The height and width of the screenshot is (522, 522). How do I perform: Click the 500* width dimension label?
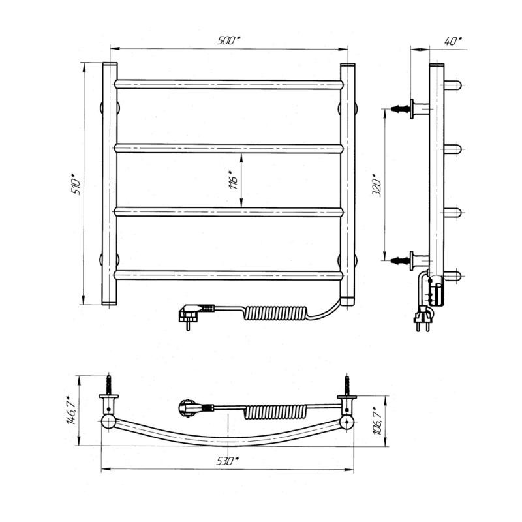[x=228, y=40]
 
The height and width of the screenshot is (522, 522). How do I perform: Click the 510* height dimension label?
[x=76, y=184]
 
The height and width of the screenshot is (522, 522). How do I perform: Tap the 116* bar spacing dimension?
[x=234, y=180]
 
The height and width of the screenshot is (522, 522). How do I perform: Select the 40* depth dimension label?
[x=453, y=41]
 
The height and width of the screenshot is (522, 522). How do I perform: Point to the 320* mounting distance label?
[x=377, y=185]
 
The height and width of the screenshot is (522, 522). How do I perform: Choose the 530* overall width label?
[x=228, y=461]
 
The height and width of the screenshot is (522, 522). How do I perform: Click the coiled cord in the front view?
[x=275, y=313]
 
